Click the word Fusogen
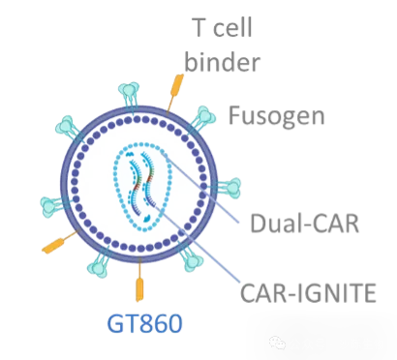276,117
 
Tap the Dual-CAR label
305,224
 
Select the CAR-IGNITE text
308,292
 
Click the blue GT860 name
144,323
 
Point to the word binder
222,61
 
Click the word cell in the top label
232,27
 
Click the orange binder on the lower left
61,241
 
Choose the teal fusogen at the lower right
191,257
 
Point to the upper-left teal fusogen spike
70,129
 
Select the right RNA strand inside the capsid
148,180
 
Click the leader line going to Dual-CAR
201,189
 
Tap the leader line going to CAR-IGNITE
199,244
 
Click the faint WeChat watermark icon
278,343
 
